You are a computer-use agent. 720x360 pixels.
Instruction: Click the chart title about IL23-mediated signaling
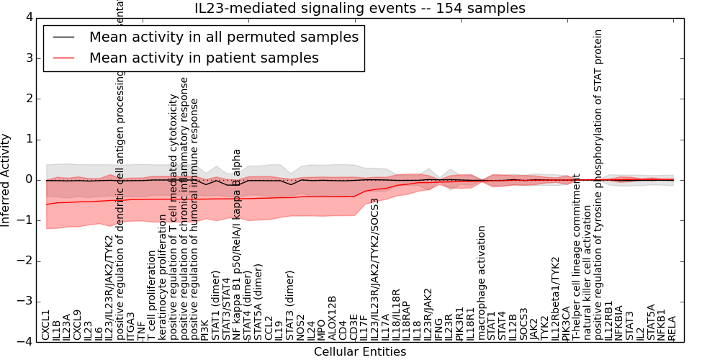[x=359, y=8]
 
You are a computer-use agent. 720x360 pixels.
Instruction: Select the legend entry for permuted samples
[x=223, y=37]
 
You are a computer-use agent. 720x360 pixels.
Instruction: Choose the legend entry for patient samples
[x=204, y=58]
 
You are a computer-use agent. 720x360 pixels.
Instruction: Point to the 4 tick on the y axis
[x=29, y=17]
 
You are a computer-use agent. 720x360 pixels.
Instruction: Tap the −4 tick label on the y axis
[x=26, y=341]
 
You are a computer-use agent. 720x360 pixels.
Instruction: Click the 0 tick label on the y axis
[x=29, y=179]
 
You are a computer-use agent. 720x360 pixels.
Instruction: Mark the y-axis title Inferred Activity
[x=6, y=179]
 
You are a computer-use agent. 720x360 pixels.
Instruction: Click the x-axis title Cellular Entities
[x=359, y=352]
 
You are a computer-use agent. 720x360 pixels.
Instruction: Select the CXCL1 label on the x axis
[x=46, y=325]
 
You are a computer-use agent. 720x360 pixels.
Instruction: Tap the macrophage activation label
[x=482, y=283]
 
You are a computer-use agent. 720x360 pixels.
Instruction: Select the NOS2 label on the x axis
[x=300, y=328]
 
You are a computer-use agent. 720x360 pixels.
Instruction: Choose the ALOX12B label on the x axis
[x=332, y=318]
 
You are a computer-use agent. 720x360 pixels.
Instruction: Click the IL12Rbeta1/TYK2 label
[x=555, y=298]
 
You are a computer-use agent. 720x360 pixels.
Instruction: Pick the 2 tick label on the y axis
[x=29, y=98]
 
